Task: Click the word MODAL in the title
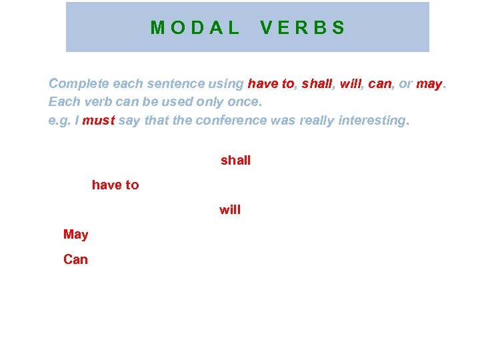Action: [x=195, y=28]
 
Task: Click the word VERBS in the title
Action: [x=303, y=28]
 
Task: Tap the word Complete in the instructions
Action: [x=79, y=84]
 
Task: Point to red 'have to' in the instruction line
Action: [x=271, y=84]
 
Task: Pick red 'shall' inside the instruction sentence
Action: [x=317, y=84]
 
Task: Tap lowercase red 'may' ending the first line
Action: [x=429, y=84]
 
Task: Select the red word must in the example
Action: [x=99, y=121]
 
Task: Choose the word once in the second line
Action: [x=244, y=103]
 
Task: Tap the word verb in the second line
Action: [x=95, y=103]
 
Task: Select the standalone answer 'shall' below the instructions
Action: [x=235, y=161]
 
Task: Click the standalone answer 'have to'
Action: [x=115, y=185]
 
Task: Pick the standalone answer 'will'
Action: [x=230, y=210]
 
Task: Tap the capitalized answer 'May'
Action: [x=75, y=235]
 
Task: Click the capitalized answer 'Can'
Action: [x=75, y=259]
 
